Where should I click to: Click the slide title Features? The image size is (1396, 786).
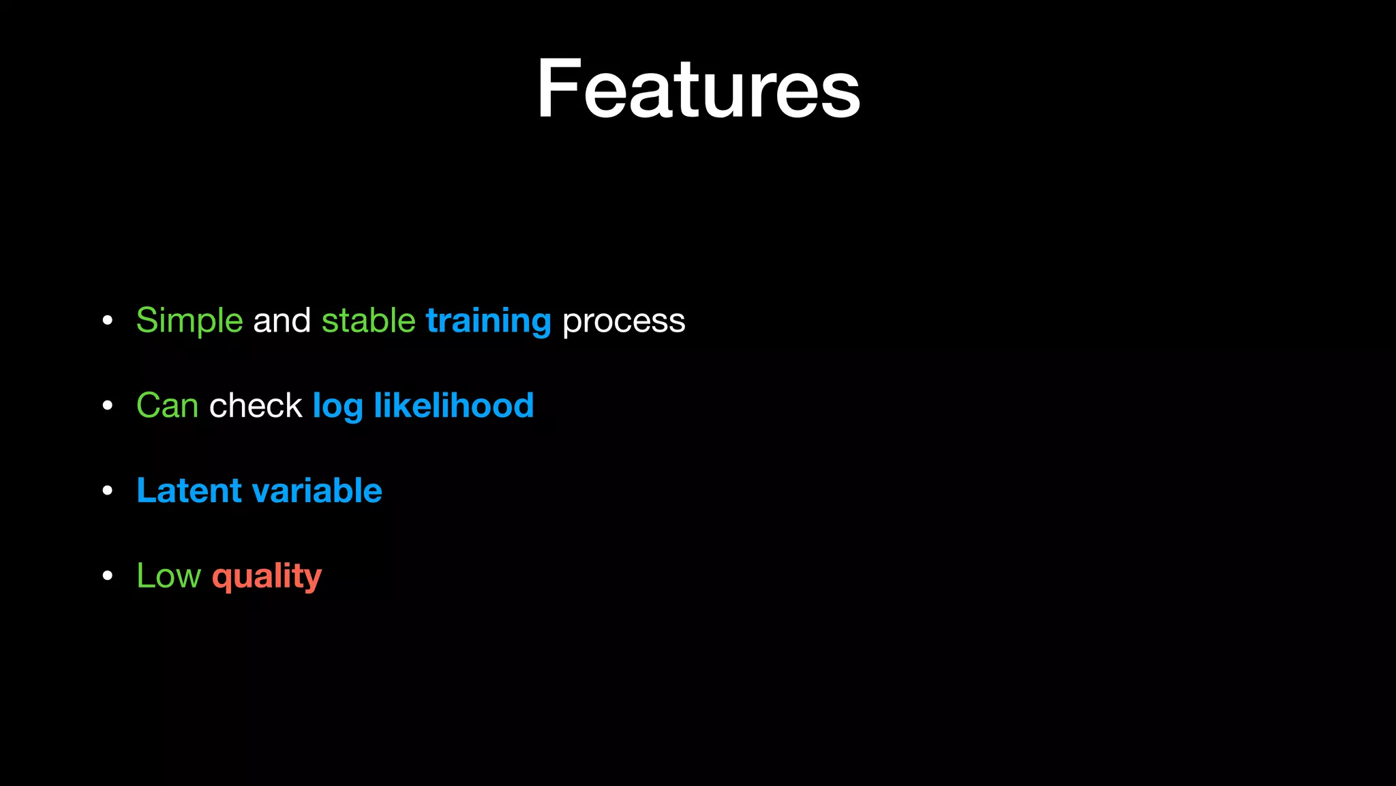698,89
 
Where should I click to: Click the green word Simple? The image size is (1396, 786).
189,321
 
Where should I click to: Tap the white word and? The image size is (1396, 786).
282,321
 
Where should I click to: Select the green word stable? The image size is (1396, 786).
368,321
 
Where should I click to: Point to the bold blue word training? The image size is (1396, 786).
488,321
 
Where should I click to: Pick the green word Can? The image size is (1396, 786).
168,406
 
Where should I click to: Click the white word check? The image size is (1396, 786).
256,406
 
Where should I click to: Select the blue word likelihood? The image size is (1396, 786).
453,406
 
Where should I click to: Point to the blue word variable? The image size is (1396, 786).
317,491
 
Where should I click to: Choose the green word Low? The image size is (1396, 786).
168,576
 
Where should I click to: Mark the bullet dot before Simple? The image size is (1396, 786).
107,321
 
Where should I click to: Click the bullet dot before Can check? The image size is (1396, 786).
107,406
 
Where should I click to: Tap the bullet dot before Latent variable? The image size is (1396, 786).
107,491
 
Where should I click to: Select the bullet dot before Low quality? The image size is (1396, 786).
107,576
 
